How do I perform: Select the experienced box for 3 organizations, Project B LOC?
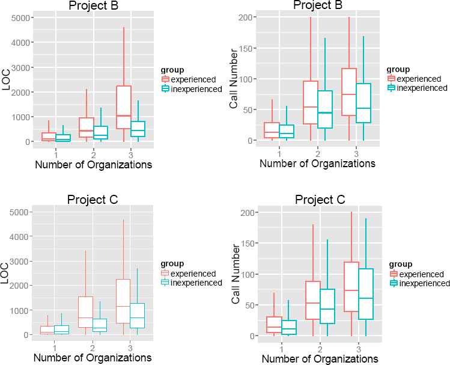pyautogui.click(x=124, y=107)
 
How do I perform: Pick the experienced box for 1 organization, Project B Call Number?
pyautogui.click(x=272, y=130)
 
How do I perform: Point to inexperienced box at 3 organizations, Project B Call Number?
pyautogui.click(x=363, y=103)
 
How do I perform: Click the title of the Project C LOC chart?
pyautogui.click(x=92, y=200)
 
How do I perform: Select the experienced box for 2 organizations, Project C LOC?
pyautogui.click(x=86, y=311)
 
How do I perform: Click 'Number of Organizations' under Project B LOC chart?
pyautogui.click(x=93, y=164)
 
